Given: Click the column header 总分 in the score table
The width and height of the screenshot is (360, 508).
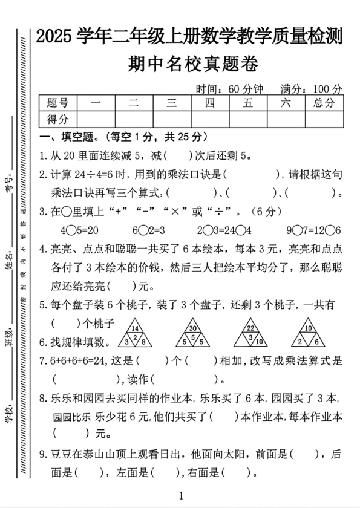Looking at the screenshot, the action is tap(324, 103).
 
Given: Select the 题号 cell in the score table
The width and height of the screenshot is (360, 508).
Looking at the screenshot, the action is tap(57, 103).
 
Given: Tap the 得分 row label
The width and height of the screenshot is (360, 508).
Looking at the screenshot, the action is tap(57, 119).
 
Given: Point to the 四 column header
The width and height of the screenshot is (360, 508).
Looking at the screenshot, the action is tap(210, 103).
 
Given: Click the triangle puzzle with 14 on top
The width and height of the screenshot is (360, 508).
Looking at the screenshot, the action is tap(135, 333).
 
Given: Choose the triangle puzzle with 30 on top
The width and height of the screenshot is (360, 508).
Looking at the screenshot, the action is tap(193, 333).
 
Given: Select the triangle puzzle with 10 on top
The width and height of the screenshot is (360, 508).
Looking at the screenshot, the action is tap(308, 333).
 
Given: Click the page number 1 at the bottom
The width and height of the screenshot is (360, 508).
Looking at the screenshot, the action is tap(180, 497).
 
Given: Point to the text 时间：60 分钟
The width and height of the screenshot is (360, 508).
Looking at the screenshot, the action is tap(229, 89).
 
